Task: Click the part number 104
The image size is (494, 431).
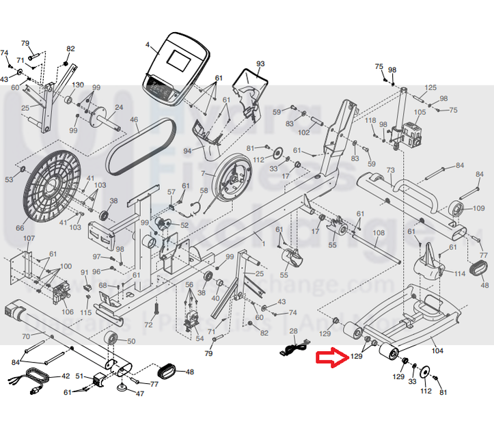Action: coord(437,351)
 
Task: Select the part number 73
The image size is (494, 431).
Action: coord(391,170)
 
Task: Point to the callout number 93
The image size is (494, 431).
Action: coord(260,64)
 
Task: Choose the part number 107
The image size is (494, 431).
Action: coord(29,238)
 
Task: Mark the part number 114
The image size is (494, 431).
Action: coord(460,274)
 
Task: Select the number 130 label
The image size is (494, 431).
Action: coord(78,85)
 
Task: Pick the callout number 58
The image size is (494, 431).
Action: coord(204,191)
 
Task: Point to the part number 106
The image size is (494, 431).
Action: coord(67,311)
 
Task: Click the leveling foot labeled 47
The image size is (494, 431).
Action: coord(122,389)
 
